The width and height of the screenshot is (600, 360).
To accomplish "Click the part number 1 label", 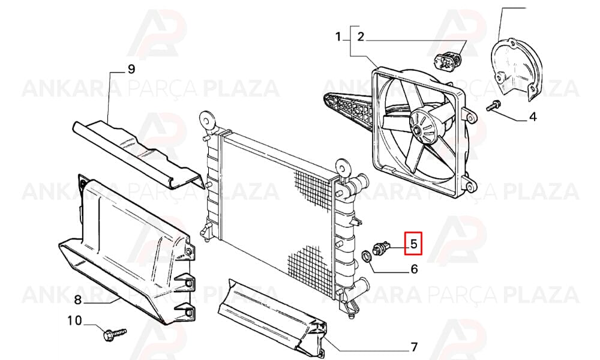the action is click(338, 37).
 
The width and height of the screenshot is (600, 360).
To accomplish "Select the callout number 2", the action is click(361, 37).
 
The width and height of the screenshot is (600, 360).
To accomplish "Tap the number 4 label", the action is click(533, 116).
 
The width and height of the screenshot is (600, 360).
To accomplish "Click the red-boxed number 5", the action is click(413, 244).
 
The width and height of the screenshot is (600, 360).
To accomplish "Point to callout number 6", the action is click(414, 269).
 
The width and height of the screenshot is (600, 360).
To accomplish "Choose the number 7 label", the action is click(413, 347).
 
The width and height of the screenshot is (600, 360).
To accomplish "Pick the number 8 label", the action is click(77, 300).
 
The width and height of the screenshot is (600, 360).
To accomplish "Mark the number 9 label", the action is click(131, 69).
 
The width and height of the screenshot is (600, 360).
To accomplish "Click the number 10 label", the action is click(75, 320).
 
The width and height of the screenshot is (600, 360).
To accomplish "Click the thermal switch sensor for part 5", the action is click(381, 247).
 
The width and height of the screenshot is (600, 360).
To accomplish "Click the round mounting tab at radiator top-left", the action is click(207, 121).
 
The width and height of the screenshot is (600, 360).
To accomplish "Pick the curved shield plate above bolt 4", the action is click(517, 70).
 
